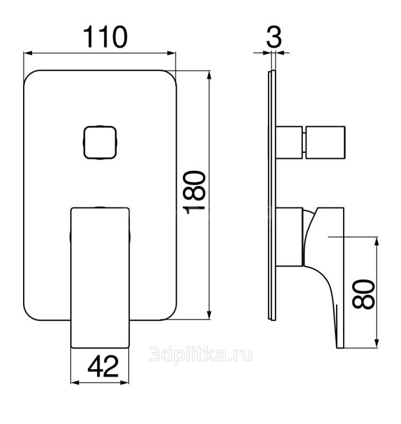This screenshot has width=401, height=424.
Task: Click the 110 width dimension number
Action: pos(105,37)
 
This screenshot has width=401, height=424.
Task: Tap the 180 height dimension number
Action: pos(194,193)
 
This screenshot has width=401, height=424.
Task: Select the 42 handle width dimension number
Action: pos(103,366)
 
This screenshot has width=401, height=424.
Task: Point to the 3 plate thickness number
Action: pos(274,37)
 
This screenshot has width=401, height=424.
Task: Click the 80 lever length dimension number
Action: pos(363,294)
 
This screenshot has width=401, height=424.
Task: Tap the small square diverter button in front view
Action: pos(100,142)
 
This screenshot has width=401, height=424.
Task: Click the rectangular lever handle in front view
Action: pos(100,278)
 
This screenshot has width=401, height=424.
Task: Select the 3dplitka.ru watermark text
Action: pos(200,354)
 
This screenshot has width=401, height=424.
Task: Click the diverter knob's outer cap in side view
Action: pos(325,142)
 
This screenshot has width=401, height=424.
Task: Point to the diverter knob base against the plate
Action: pos(289,142)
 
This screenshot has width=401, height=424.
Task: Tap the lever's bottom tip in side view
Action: pos(340,348)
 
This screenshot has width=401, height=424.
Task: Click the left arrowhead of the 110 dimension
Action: pos(28,53)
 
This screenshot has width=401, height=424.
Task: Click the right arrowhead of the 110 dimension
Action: pos(172,53)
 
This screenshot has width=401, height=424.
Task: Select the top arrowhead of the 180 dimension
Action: pos(209,75)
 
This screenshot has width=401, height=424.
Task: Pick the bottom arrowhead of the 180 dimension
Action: pos(209,315)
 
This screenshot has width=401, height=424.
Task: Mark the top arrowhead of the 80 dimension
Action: pos(376,241)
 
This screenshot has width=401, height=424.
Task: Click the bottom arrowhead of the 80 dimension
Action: pos(376,343)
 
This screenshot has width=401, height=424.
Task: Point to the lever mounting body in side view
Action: pos(289,237)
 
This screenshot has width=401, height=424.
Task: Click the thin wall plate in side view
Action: pos(272,195)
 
